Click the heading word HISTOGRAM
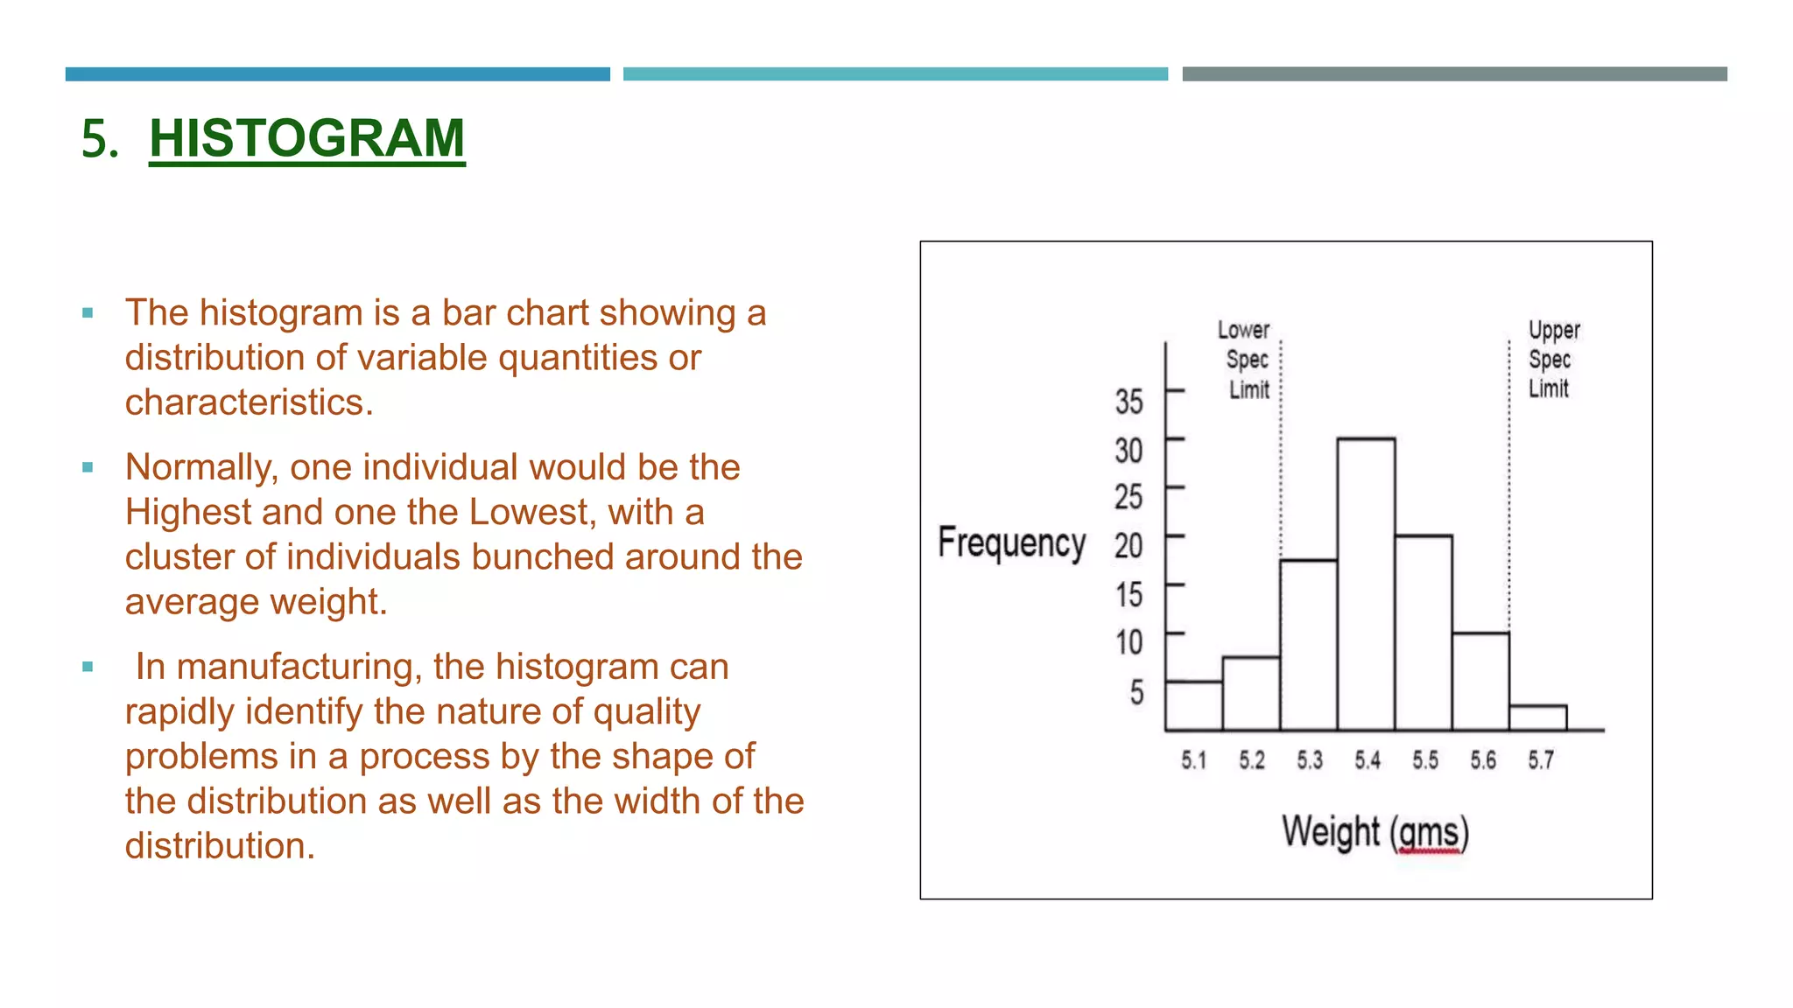[x=306, y=138]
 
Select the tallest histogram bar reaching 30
[x=1366, y=584]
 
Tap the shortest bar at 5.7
[x=1537, y=717]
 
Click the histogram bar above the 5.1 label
[x=1193, y=705]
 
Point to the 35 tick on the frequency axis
[x=1129, y=402]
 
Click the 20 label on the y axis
[x=1129, y=546]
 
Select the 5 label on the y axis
[x=1136, y=692]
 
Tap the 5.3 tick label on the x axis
[x=1310, y=760]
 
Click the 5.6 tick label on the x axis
[x=1483, y=760]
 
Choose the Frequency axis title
[x=1011, y=542]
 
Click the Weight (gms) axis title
[x=1375, y=831]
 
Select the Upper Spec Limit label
[x=1552, y=359]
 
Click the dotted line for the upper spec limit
[x=1508, y=490]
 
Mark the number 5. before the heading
[x=100, y=139]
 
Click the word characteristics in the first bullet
[x=249, y=402]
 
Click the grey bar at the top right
[x=1454, y=74]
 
